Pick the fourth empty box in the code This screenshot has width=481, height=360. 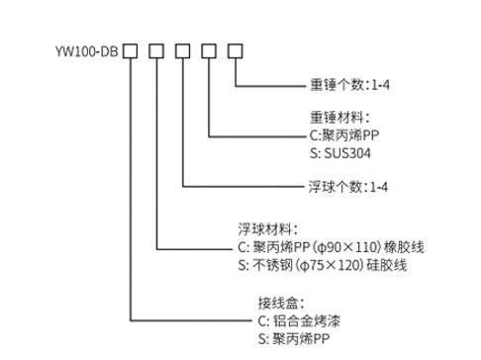click(209, 49)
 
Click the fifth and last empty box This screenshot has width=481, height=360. click(236, 49)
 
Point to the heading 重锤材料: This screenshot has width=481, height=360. click(339, 116)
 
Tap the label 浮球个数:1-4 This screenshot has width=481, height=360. click(350, 185)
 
